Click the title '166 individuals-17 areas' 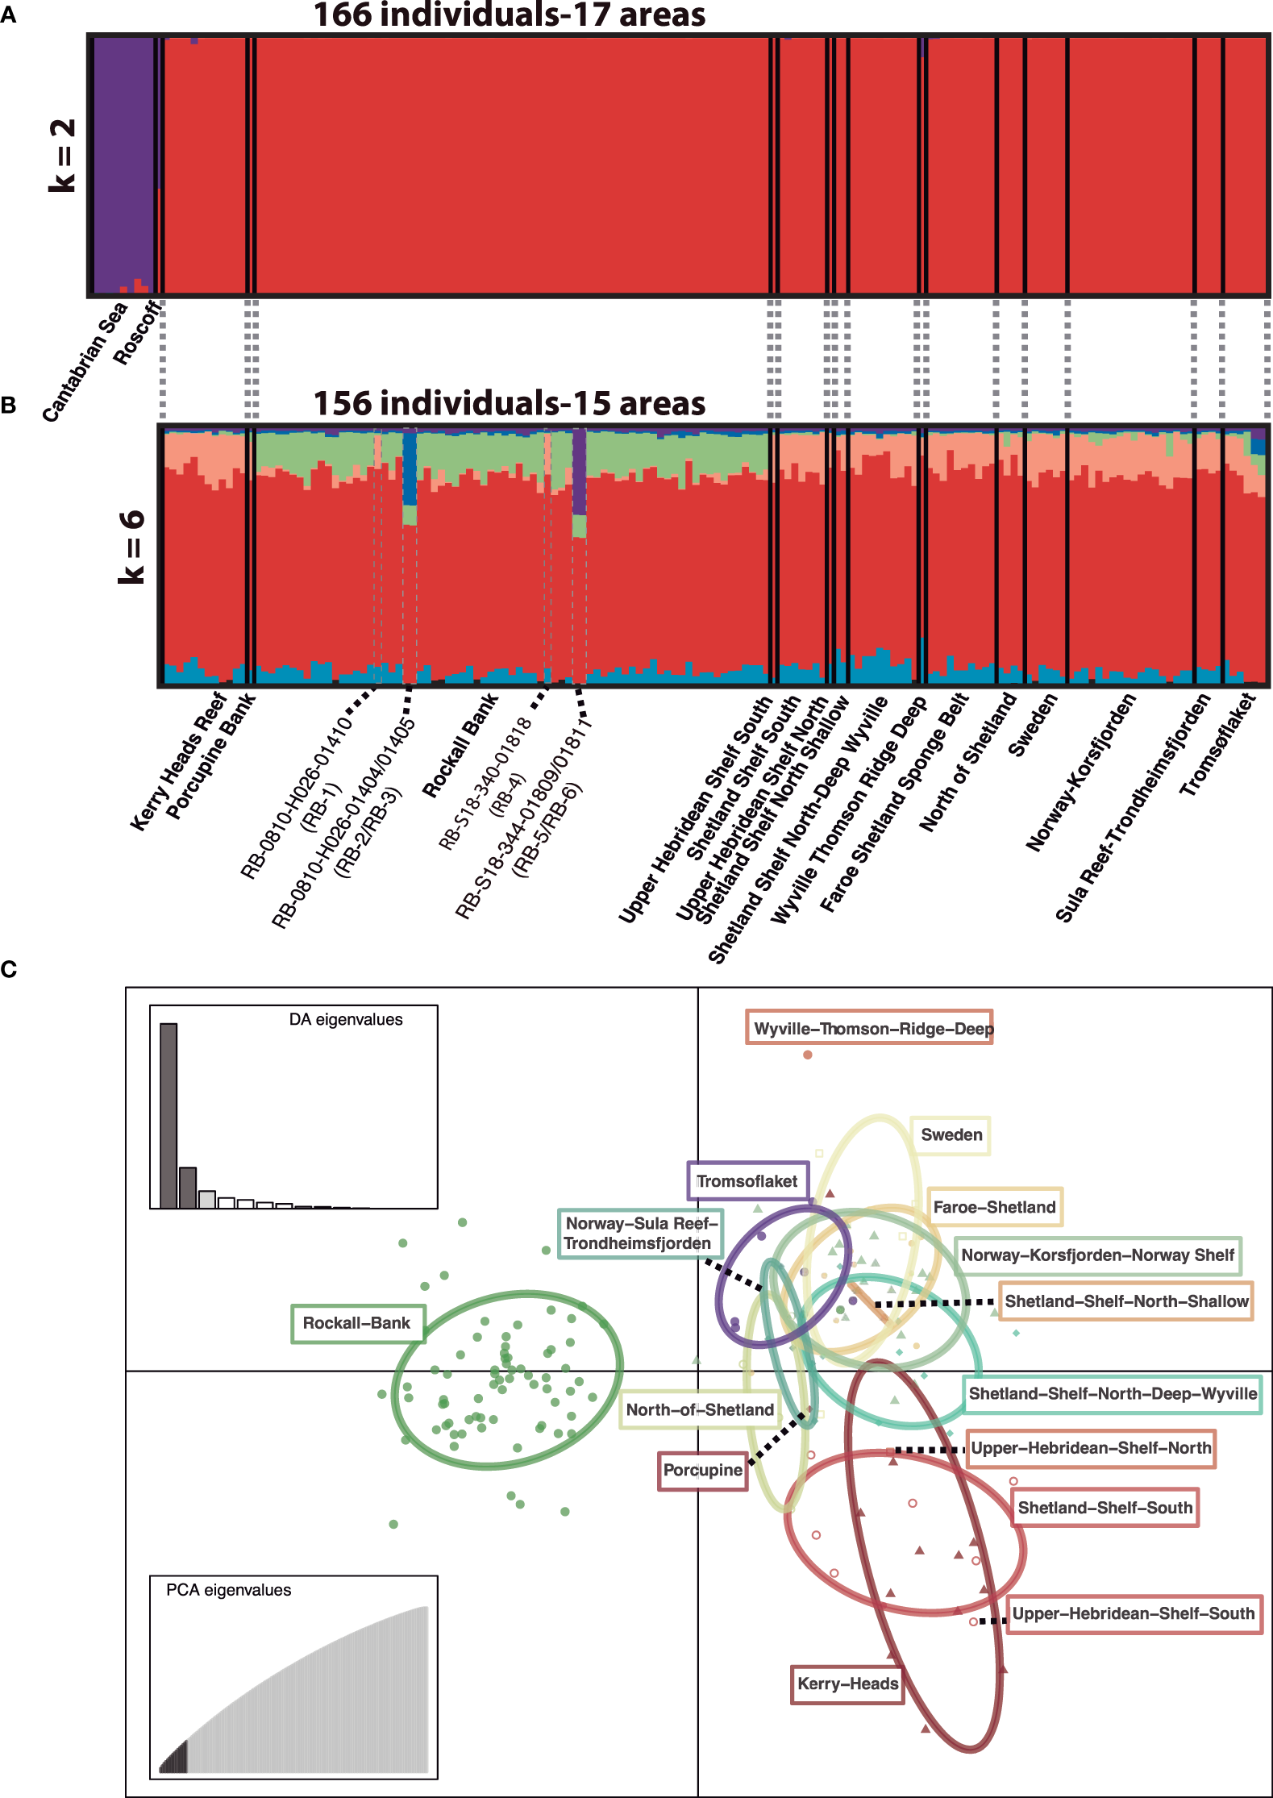tap(509, 15)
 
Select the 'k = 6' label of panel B tap(131, 547)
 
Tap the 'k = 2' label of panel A tap(62, 155)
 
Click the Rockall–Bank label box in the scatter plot tap(357, 1323)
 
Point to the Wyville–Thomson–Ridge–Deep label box tap(869, 1028)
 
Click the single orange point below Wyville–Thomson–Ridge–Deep tap(808, 1055)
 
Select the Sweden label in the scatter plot tap(951, 1135)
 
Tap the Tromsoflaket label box tap(747, 1181)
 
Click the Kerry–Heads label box tap(847, 1684)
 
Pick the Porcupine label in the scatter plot tap(703, 1470)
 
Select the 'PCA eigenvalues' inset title tap(228, 1590)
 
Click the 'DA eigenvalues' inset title tap(346, 1020)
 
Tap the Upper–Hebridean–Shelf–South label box tap(1134, 1613)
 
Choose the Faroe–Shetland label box tap(994, 1207)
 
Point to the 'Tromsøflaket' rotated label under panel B tap(1217, 745)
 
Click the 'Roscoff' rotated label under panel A tap(135, 334)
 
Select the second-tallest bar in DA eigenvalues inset tap(187, 1187)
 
